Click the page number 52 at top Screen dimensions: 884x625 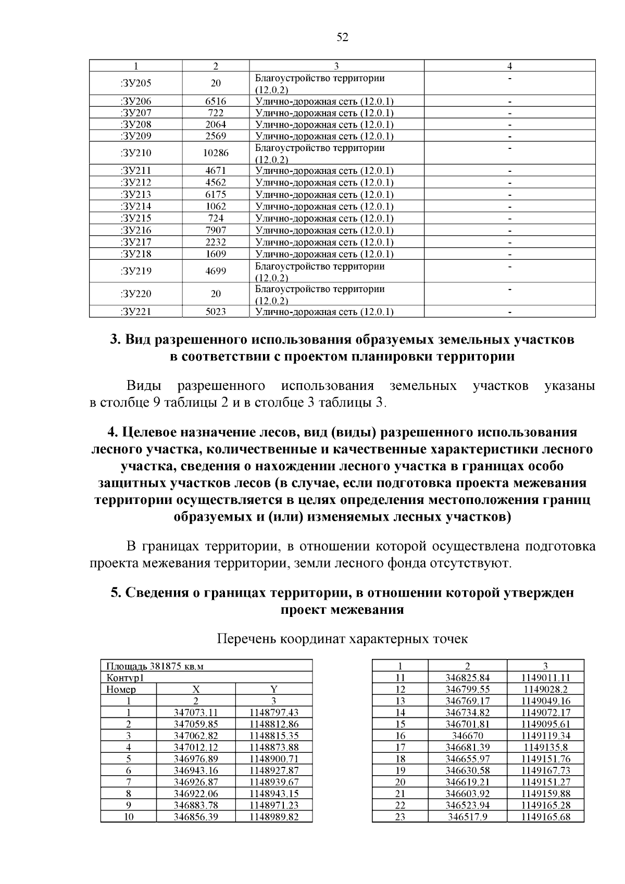click(x=342, y=37)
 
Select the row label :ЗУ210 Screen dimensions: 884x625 click(x=136, y=153)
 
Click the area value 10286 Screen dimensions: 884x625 click(x=216, y=153)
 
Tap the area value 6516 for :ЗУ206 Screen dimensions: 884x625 click(x=216, y=102)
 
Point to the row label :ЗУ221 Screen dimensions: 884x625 click(x=136, y=312)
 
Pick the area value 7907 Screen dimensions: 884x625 click(x=216, y=230)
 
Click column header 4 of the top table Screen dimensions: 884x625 click(x=509, y=66)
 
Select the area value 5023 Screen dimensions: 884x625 click(x=216, y=312)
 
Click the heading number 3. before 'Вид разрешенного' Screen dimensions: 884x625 click(x=116, y=339)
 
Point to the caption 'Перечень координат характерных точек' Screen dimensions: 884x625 click(x=342, y=639)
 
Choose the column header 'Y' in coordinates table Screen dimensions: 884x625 click(x=274, y=689)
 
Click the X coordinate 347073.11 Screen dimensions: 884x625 click(x=196, y=713)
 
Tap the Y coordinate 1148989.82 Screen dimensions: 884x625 click(x=274, y=817)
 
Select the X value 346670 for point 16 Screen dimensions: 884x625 click(x=468, y=736)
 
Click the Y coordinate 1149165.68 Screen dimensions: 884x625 click(x=545, y=817)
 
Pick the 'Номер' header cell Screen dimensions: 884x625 click(x=121, y=689)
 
